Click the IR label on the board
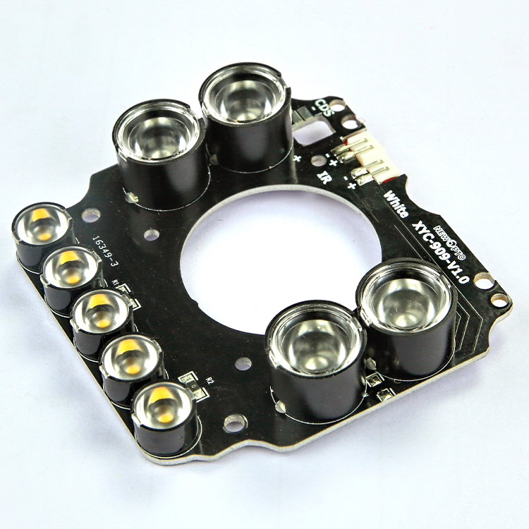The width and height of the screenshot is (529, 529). click(325, 176)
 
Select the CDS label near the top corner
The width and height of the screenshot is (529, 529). click(324, 108)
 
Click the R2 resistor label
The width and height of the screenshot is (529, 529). click(209, 380)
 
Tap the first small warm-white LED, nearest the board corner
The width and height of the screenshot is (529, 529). click(41, 224)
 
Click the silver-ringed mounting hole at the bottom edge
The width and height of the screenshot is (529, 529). click(234, 422)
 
